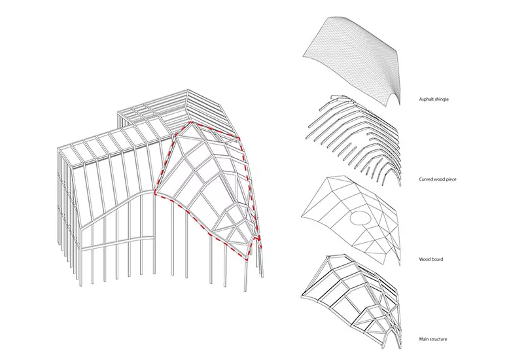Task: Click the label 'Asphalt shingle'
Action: (x=434, y=99)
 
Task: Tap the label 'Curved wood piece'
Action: (x=437, y=179)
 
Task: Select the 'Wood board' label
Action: (x=430, y=259)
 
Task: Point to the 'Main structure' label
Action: (x=432, y=339)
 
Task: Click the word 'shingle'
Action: (x=442, y=99)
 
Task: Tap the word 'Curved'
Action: (x=425, y=179)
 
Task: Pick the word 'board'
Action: (x=436, y=259)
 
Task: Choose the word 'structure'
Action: (x=438, y=339)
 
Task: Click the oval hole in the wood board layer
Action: (x=360, y=217)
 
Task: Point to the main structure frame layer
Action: (x=352, y=299)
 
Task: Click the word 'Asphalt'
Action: (x=426, y=99)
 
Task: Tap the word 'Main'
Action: (x=423, y=339)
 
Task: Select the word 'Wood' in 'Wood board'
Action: (x=424, y=259)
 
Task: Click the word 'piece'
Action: (x=451, y=179)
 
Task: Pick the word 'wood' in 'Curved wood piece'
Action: (x=438, y=179)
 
